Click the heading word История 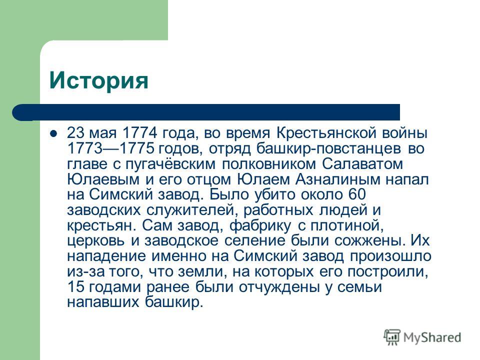pos(98,80)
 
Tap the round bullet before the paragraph pos(53,133)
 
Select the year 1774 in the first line pos(139,133)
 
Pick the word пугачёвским pos(170,164)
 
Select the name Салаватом pos(362,164)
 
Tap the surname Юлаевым pos(103,179)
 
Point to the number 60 pos(357,194)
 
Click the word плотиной pos(347,225)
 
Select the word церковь pos(96,241)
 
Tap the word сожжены pos(369,241)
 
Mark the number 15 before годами pos(75,287)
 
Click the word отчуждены pos(279,287)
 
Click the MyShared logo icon pos(392,337)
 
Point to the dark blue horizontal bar pos(206,112)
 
